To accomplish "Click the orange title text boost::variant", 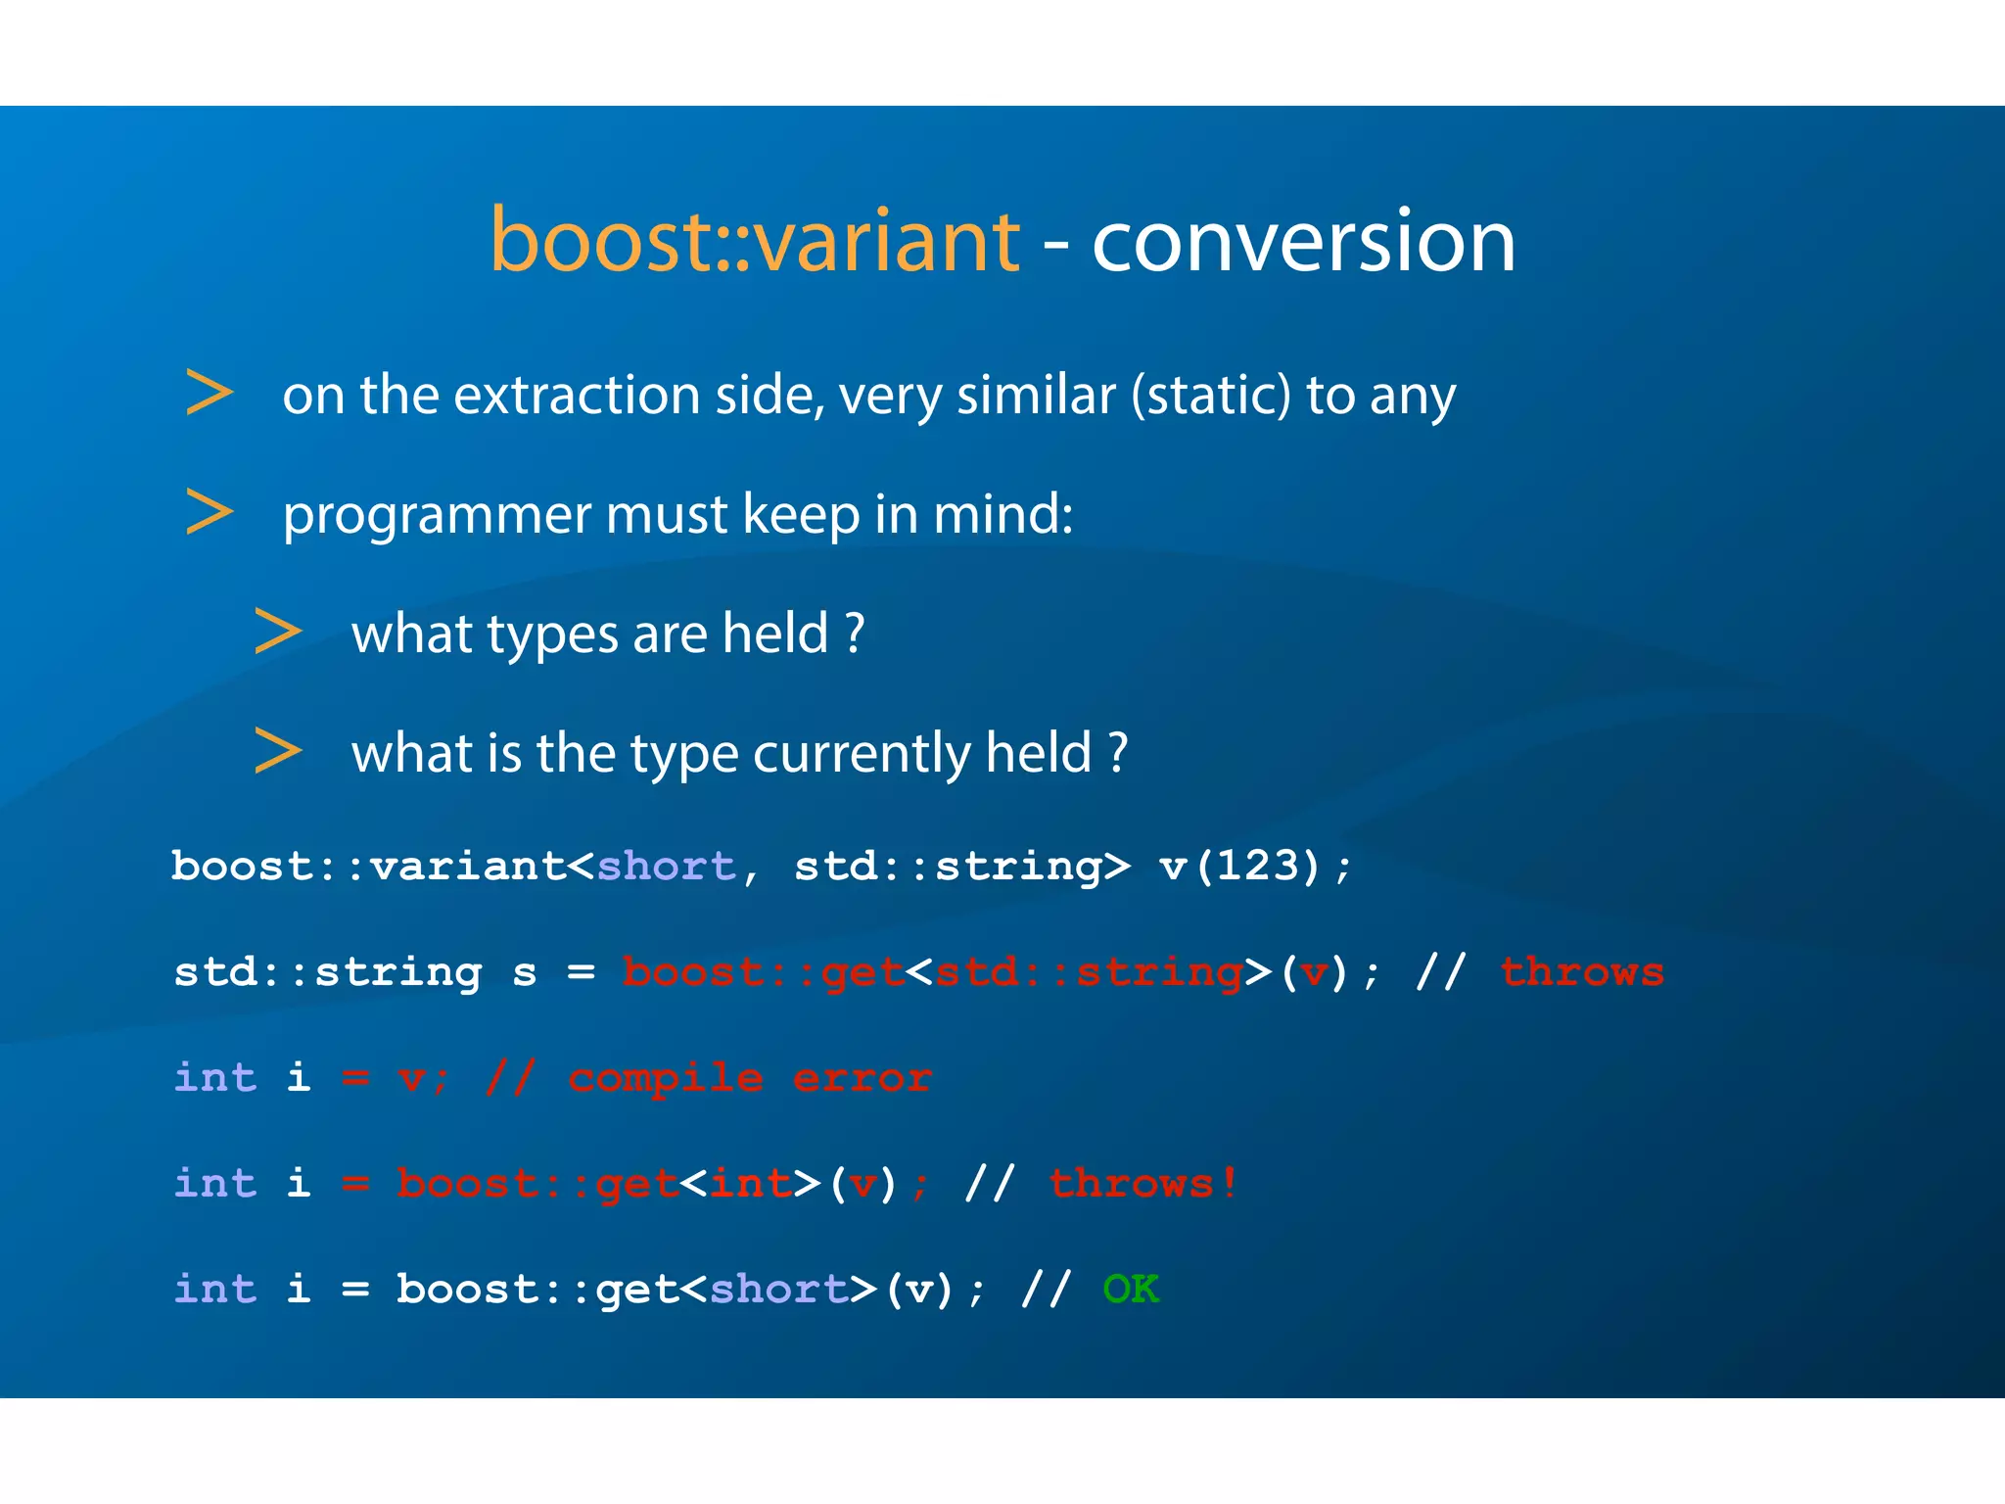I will pyautogui.click(x=754, y=241).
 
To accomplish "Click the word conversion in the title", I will pyautogui.click(x=1303, y=241).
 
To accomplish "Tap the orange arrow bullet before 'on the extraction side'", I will pyautogui.click(x=210, y=393).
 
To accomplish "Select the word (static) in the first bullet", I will pyautogui.click(x=1211, y=396).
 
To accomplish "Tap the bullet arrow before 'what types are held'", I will pyautogui.click(x=278, y=632).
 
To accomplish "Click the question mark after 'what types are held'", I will pyautogui.click(x=855, y=634).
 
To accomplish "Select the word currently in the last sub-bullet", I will pyautogui.click(x=862, y=754).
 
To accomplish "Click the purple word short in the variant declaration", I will pyautogui.click(x=666, y=867).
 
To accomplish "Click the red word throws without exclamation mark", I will pyautogui.click(x=1581, y=972).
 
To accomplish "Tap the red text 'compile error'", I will pyautogui.click(x=749, y=1078).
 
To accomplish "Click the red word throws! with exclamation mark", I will pyautogui.click(x=1142, y=1184).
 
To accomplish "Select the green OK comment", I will pyautogui.click(x=1131, y=1290).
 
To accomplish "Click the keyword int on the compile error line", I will pyautogui.click(x=215, y=1078).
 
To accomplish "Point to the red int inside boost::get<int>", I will pyautogui.click(x=750, y=1184).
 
